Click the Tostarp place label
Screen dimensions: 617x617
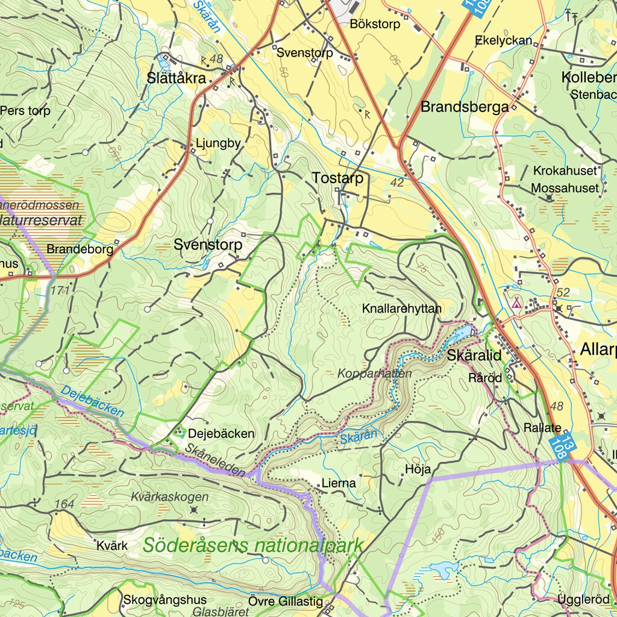(x=337, y=178)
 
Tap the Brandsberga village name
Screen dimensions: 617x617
(x=465, y=107)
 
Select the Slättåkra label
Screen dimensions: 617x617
(x=177, y=78)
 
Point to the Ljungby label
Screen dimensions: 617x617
(x=218, y=143)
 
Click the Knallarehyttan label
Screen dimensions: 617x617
(x=402, y=308)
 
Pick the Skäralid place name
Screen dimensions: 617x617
(x=474, y=355)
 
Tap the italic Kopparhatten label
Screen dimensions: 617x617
(x=374, y=374)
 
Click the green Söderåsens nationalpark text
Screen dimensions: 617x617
(x=253, y=546)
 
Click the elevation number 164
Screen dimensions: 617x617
(x=64, y=504)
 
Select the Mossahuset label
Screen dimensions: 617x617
(x=565, y=189)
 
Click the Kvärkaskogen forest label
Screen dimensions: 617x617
(x=169, y=497)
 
